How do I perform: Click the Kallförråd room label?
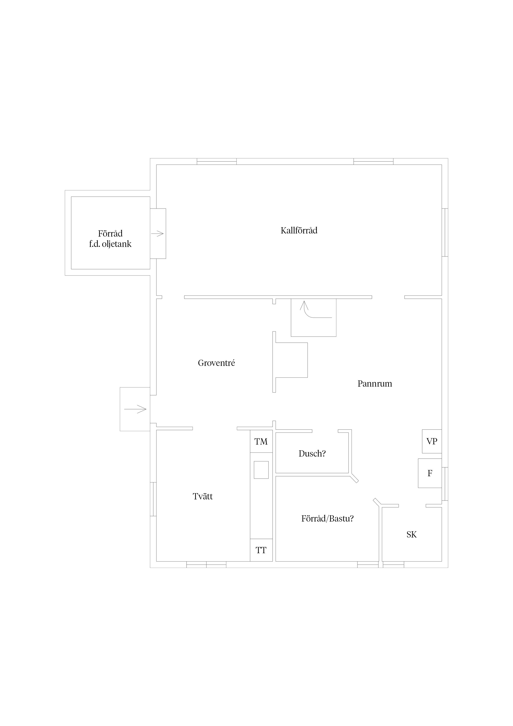(299, 231)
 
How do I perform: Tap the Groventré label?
(217, 363)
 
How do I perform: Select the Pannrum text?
(375, 383)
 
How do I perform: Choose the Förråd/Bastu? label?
(327, 519)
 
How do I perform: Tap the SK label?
(412, 534)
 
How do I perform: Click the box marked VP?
(432, 441)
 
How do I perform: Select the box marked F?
(430, 473)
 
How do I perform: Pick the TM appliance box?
(261, 441)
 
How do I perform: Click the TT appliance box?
(261, 550)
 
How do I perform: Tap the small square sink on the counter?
(261, 470)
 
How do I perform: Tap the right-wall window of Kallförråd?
(445, 232)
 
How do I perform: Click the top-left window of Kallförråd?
(217, 161)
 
